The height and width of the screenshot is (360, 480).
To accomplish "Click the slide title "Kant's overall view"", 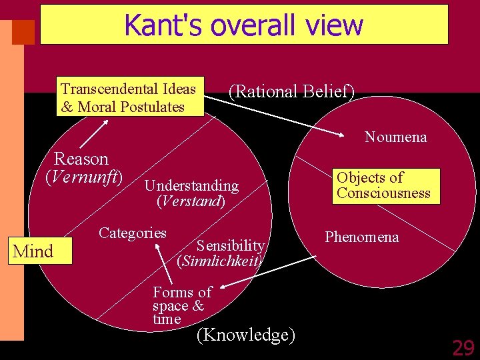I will [243, 25].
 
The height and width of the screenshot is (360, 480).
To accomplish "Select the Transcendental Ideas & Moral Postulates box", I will [129, 98].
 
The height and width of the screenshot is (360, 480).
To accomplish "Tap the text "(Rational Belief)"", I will [291, 92].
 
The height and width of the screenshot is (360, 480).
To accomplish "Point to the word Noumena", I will [395, 137].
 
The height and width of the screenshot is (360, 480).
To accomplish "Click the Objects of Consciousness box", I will [383, 185].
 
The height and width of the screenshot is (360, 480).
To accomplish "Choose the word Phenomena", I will [361, 237].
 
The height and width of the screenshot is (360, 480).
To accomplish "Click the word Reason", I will [81, 159].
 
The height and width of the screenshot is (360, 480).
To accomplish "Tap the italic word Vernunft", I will [84, 177].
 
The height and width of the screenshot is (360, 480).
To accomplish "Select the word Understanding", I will [191, 185].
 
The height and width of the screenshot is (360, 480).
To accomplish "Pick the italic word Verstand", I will [191, 200].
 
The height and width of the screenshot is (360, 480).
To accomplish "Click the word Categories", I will [132, 233].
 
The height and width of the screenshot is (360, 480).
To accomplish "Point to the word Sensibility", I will [231, 246].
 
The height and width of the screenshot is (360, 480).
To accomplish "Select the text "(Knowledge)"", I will [245, 334].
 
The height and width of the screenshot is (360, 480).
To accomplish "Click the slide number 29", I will [463, 347].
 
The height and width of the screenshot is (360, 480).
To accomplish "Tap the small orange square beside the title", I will [24, 31].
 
